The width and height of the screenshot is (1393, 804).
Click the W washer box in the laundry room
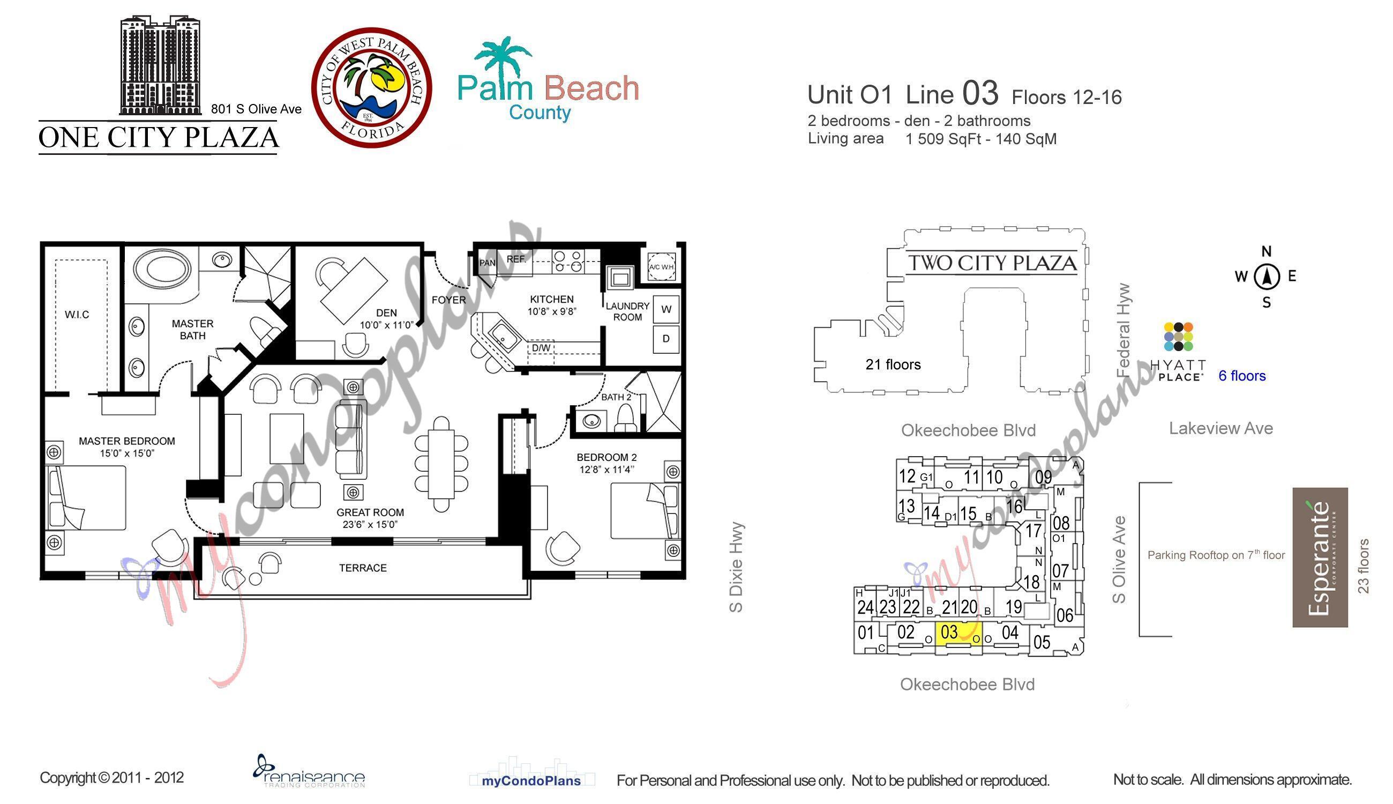(x=666, y=309)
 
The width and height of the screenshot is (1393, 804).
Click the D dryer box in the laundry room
(x=666, y=339)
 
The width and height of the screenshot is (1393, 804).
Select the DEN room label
(x=386, y=312)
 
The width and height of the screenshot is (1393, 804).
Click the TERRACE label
(x=363, y=568)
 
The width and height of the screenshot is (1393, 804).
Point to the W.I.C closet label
(x=77, y=315)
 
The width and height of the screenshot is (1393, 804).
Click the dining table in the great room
(x=441, y=464)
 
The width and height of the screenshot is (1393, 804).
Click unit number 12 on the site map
(x=907, y=476)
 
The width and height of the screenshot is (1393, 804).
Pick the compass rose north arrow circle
(x=1267, y=277)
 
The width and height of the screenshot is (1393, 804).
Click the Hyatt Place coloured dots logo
(x=1178, y=337)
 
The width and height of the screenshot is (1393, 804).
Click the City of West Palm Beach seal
(x=371, y=87)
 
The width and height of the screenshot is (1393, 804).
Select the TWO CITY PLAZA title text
(x=992, y=263)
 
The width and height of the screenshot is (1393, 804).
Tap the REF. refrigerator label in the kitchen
(x=516, y=259)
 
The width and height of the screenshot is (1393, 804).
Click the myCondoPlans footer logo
(x=531, y=780)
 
